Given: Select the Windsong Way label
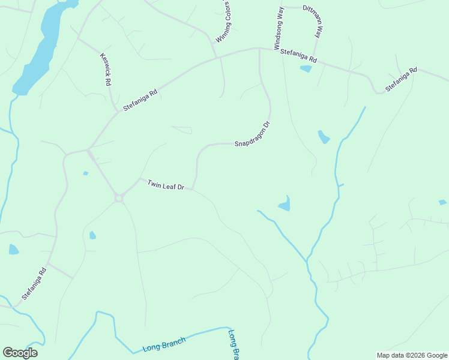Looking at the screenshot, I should [x=278, y=29].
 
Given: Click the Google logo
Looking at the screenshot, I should [x=20, y=353].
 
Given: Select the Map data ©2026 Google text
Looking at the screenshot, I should [x=412, y=355].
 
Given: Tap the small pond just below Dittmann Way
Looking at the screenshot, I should [x=306, y=68].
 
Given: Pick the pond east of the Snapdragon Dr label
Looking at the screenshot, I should [x=324, y=137].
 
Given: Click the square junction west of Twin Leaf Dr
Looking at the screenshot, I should [x=119, y=197].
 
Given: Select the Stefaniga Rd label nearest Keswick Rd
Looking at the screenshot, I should [x=140, y=100].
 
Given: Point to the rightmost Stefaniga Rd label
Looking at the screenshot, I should [x=401, y=80].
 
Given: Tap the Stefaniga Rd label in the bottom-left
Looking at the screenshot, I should [x=34, y=284].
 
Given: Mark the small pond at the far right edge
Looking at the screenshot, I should [x=442, y=202].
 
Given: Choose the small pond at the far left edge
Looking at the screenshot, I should [x=13, y=249].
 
